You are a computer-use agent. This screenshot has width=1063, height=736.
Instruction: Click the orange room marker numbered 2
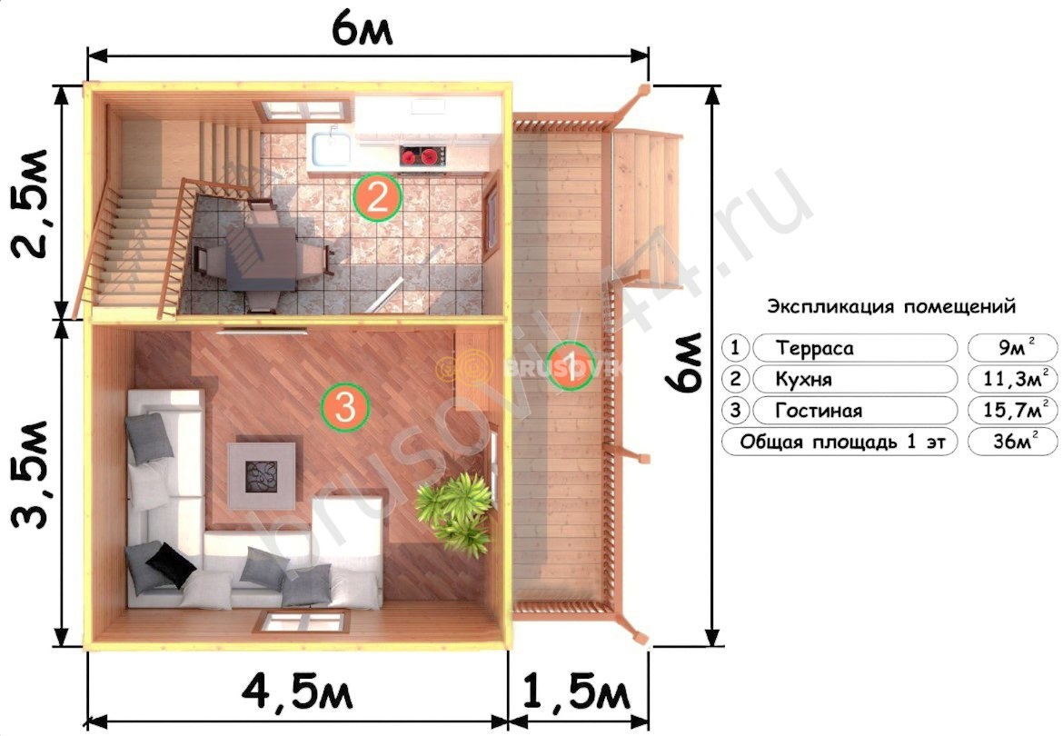click(378, 197)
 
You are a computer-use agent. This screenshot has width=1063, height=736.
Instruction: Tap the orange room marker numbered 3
click(345, 407)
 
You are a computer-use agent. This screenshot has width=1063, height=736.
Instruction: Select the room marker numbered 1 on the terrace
click(571, 367)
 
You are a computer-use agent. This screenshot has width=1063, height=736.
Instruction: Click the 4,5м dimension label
click(297, 692)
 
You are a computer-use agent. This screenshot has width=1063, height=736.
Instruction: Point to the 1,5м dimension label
click(576, 692)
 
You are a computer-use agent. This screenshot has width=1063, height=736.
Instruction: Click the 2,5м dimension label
click(31, 203)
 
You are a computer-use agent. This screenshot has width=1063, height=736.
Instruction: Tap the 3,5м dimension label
click(31, 473)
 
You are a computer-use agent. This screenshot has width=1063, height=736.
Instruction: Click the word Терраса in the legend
click(814, 348)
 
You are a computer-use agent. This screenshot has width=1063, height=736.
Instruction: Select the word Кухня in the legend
click(803, 380)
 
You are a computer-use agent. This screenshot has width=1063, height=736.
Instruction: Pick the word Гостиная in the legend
click(819, 411)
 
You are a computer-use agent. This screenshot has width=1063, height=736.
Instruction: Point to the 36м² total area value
click(1015, 441)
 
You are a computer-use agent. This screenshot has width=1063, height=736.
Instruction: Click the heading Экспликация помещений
click(891, 306)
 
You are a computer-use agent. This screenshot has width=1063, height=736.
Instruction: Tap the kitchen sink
click(331, 149)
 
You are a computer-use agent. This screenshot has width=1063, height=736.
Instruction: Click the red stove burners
click(421, 156)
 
